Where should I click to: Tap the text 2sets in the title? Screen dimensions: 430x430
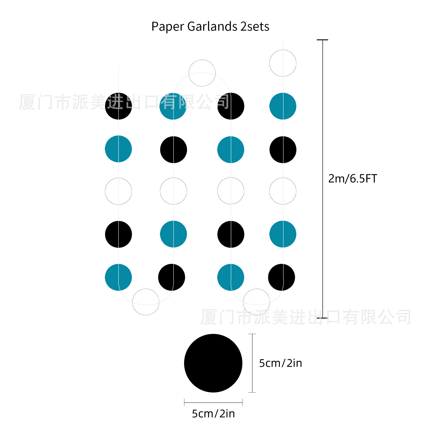pyautogui.click(x=255, y=27)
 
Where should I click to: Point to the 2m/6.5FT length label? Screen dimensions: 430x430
pyautogui.click(x=353, y=179)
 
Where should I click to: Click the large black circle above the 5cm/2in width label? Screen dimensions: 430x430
pyautogui.click(x=213, y=363)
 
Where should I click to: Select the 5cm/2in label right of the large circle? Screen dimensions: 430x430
pyautogui.click(x=280, y=363)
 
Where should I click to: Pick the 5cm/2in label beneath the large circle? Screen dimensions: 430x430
pyautogui.click(x=213, y=414)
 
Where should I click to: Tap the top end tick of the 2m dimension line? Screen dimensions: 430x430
pyautogui.click(x=322, y=40)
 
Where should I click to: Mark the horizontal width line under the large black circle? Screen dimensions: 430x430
pyautogui.click(x=213, y=403)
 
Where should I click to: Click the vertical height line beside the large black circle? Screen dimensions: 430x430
pyautogui.click(x=252, y=363)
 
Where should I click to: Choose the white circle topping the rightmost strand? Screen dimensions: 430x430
pyautogui.click(x=283, y=63)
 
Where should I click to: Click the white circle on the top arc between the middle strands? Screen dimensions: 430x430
pyautogui.click(x=202, y=73)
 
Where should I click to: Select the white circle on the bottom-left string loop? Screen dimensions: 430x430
pyautogui.click(x=146, y=302)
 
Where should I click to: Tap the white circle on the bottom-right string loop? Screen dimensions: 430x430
pyautogui.click(x=256, y=302)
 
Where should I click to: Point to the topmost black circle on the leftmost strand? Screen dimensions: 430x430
pyautogui.click(x=118, y=106)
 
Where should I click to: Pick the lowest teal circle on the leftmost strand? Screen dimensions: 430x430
pyautogui.click(x=118, y=277)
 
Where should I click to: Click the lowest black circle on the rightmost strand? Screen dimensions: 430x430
pyautogui.click(x=281, y=277)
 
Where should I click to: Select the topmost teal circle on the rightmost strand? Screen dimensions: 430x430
pyautogui.click(x=283, y=106)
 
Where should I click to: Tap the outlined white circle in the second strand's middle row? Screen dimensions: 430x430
pyautogui.click(x=173, y=191)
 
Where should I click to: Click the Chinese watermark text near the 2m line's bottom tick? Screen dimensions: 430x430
pyautogui.click(x=306, y=317)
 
